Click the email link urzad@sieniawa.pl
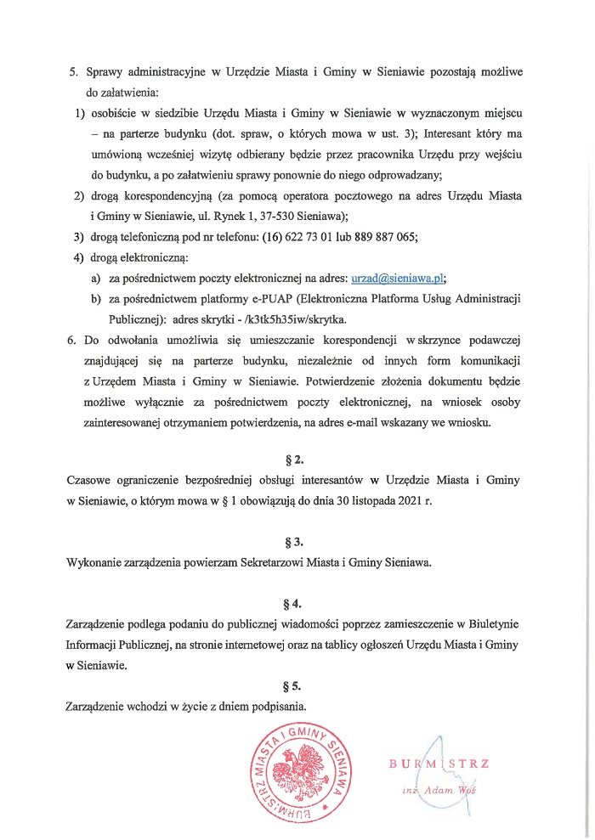[x=398, y=278]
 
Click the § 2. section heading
[x=297, y=459]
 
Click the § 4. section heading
[x=297, y=604]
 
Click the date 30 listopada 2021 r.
[x=380, y=500]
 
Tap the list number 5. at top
[x=73, y=71]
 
